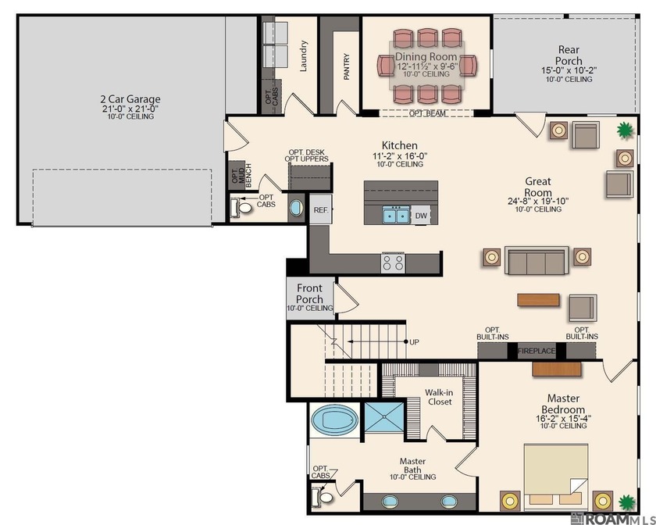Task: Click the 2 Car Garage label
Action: tap(130, 99)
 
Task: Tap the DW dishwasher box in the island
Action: tap(421, 216)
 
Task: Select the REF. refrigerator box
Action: tap(321, 209)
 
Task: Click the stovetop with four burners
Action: tap(393, 263)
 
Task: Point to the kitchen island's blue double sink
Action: tap(395, 215)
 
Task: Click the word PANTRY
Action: tap(347, 66)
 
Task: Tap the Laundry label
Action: tap(303, 56)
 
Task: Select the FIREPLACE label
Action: tap(537, 351)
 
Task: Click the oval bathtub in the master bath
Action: tap(335, 420)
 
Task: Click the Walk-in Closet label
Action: tap(439, 397)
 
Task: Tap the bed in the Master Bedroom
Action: tap(556, 476)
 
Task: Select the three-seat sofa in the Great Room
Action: tap(537, 260)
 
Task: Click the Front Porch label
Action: tap(309, 294)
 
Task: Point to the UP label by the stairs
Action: tap(414, 342)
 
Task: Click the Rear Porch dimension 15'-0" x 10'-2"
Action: tap(569, 70)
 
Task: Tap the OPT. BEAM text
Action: tap(427, 113)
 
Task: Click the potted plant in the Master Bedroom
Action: tap(626, 502)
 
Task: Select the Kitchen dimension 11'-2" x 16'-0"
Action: tap(400, 156)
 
